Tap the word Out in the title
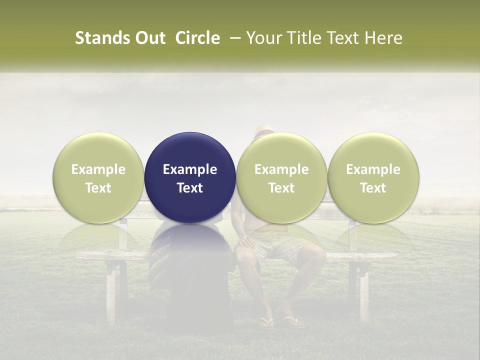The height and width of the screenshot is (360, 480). point(149,38)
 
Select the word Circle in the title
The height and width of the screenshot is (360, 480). point(197,38)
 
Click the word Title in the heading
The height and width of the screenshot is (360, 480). point(304,38)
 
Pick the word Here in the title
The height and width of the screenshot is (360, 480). point(384,38)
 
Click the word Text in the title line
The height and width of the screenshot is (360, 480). point(344,38)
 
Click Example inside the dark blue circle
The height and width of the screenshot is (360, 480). point(190,169)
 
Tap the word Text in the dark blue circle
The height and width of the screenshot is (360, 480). point(190,188)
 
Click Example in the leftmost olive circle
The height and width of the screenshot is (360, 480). point(98,169)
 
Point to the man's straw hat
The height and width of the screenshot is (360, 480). point(264,131)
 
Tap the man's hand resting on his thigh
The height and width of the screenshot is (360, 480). point(245,242)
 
